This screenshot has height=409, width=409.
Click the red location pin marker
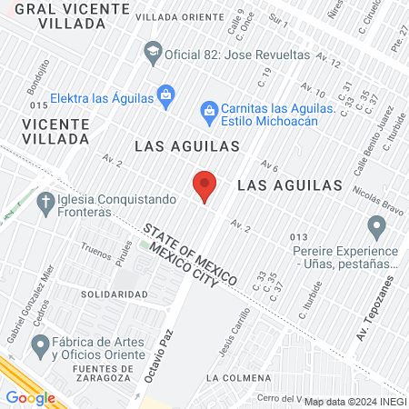point(204,185)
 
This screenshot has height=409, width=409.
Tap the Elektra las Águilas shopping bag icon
point(165,94)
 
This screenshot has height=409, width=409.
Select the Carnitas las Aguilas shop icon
point(209,110)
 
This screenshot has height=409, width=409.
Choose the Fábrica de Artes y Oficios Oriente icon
point(40,344)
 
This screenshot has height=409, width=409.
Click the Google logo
point(30,397)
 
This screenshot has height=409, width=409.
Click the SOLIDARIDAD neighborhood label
point(114,294)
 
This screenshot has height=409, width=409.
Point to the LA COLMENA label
point(238,376)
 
